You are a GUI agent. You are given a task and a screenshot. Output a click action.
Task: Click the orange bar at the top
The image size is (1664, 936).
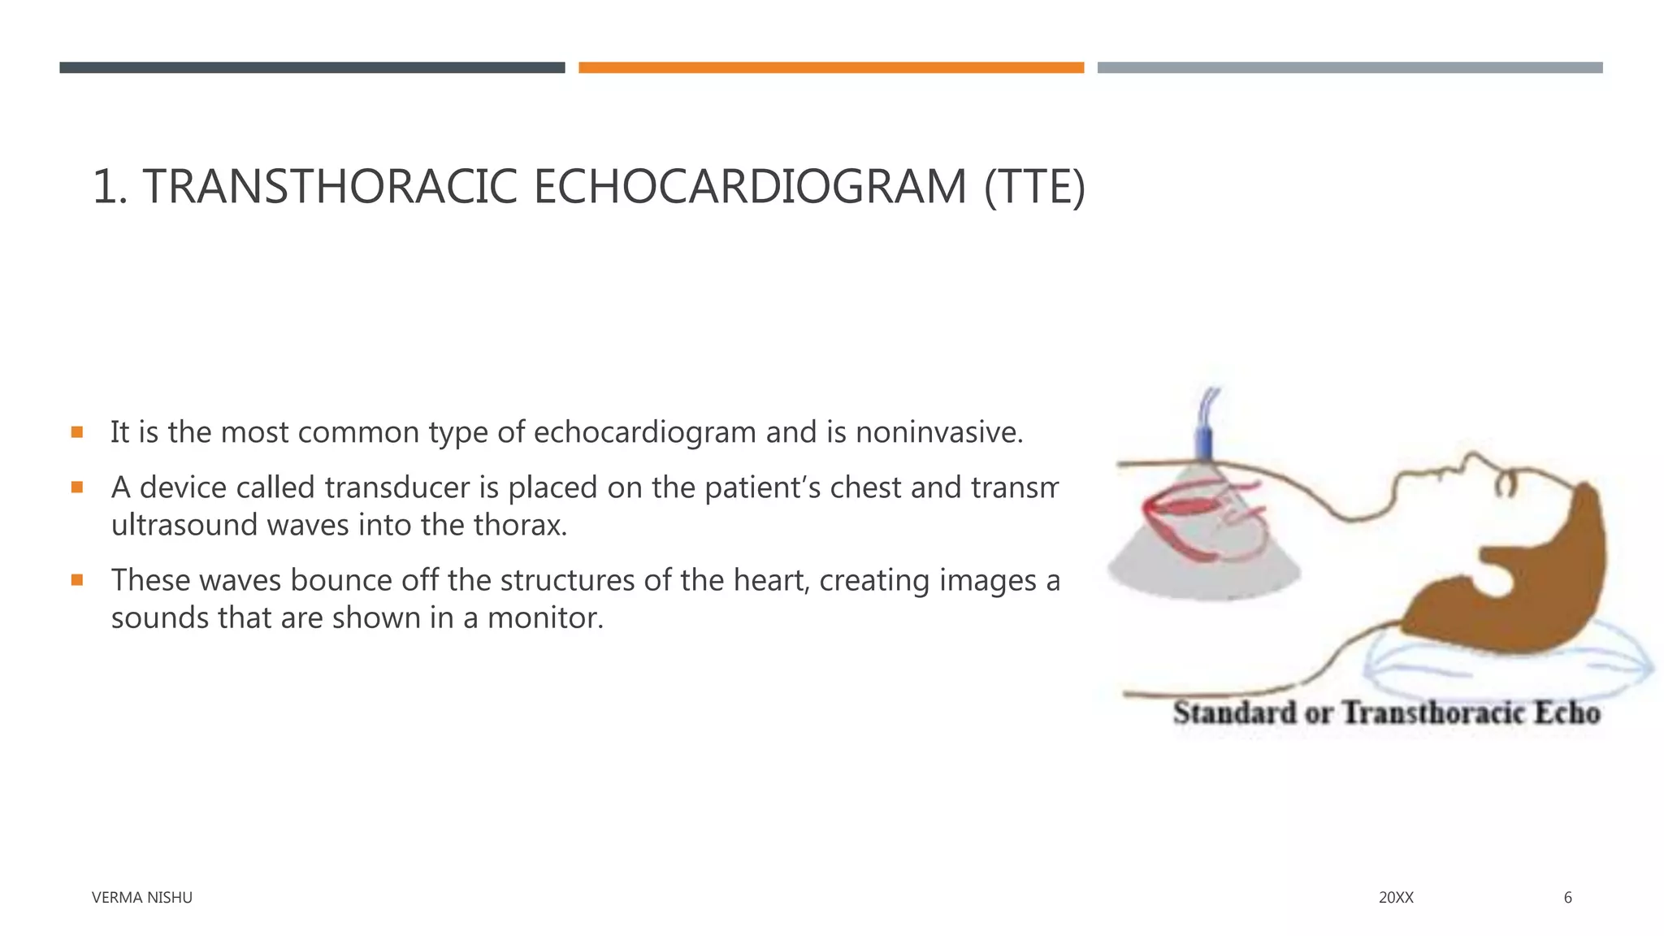click(831, 67)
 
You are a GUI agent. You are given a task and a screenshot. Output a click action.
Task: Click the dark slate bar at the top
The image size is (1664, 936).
click(312, 67)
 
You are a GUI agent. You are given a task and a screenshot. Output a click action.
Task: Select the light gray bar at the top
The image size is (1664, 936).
click(1350, 67)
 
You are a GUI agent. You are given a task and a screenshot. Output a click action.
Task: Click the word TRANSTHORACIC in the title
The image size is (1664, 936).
click(330, 187)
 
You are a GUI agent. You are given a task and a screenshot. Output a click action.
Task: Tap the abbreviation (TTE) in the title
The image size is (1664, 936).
click(1033, 187)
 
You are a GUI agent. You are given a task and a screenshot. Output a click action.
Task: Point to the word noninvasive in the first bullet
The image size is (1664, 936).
click(938, 432)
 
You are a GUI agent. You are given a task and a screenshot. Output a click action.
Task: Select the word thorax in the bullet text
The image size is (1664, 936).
click(520, 525)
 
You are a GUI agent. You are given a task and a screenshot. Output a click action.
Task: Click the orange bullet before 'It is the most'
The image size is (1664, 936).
click(77, 432)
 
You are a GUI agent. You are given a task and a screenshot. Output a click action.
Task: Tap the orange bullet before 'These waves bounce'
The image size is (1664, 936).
click(77, 580)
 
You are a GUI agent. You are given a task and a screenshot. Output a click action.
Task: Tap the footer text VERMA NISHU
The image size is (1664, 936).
click(142, 898)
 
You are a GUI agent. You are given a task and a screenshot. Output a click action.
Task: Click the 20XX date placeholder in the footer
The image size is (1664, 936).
click(1396, 898)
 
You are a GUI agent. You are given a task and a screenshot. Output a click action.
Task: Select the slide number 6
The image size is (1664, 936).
click(1567, 898)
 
